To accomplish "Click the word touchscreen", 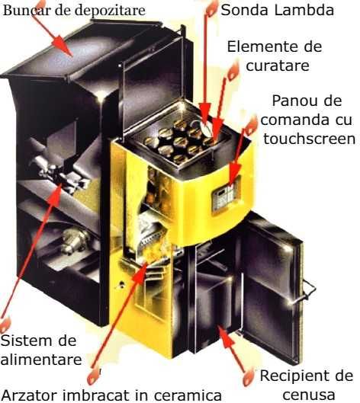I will (x=309, y=138).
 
